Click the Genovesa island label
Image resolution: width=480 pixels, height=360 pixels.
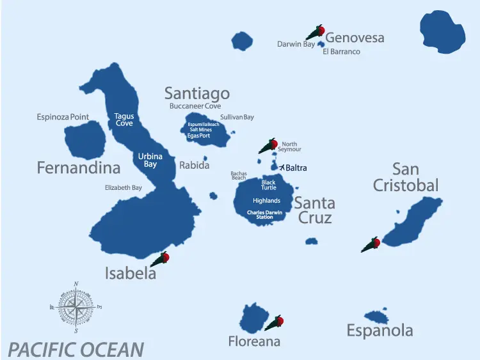pyautogui.click(x=355, y=38)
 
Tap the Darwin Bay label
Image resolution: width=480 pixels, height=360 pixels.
pyautogui.click(x=296, y=45)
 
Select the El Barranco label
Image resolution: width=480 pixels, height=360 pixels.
pyautogui.click(x=341, y=52)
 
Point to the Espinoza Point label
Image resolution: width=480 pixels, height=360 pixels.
pyautogui.click(x=63, y=117)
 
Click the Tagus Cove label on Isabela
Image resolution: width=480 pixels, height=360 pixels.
pyautogui.click(x=124, y=120)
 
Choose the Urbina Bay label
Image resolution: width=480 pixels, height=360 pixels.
pyautogui.click(x=150, y=160)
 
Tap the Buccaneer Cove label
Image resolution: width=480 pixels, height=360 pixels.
pyautogui.click(x=195, y=107)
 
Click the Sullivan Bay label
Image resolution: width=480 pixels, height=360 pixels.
pyautogui.click(x=237, y=118)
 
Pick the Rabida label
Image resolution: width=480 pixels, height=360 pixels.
pyautogui.click(x=194, y=165)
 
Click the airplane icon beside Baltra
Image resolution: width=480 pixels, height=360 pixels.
pyautogui.click(x=281, y=168)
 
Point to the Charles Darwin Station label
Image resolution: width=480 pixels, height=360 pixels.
pyautogui.click(x=264, y=215)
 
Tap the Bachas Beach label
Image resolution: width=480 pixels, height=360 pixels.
pyautogui.click(x=239, y=175)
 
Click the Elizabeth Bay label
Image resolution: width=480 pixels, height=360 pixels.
pyautogui.click(x=124, y=188)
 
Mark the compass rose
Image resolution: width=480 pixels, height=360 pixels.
pyautogui.click(x=76, y=308)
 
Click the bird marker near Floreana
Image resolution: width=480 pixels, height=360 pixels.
pyautogui.click(x=275, y=322)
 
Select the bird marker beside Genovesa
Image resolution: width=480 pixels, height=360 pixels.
pyautogui.click(x=316, y=31)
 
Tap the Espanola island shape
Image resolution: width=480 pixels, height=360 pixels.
pyautogui.click(x=376, y=317)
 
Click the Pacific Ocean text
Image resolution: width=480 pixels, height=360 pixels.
pyautogui.click(x=76, y=350)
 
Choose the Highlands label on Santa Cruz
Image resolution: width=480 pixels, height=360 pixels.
pyautogui.click(x=266, y=201)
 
